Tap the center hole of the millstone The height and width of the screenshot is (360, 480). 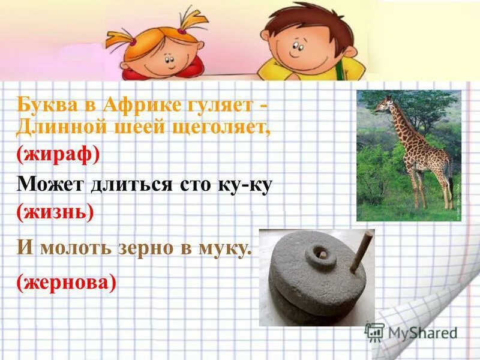322,257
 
